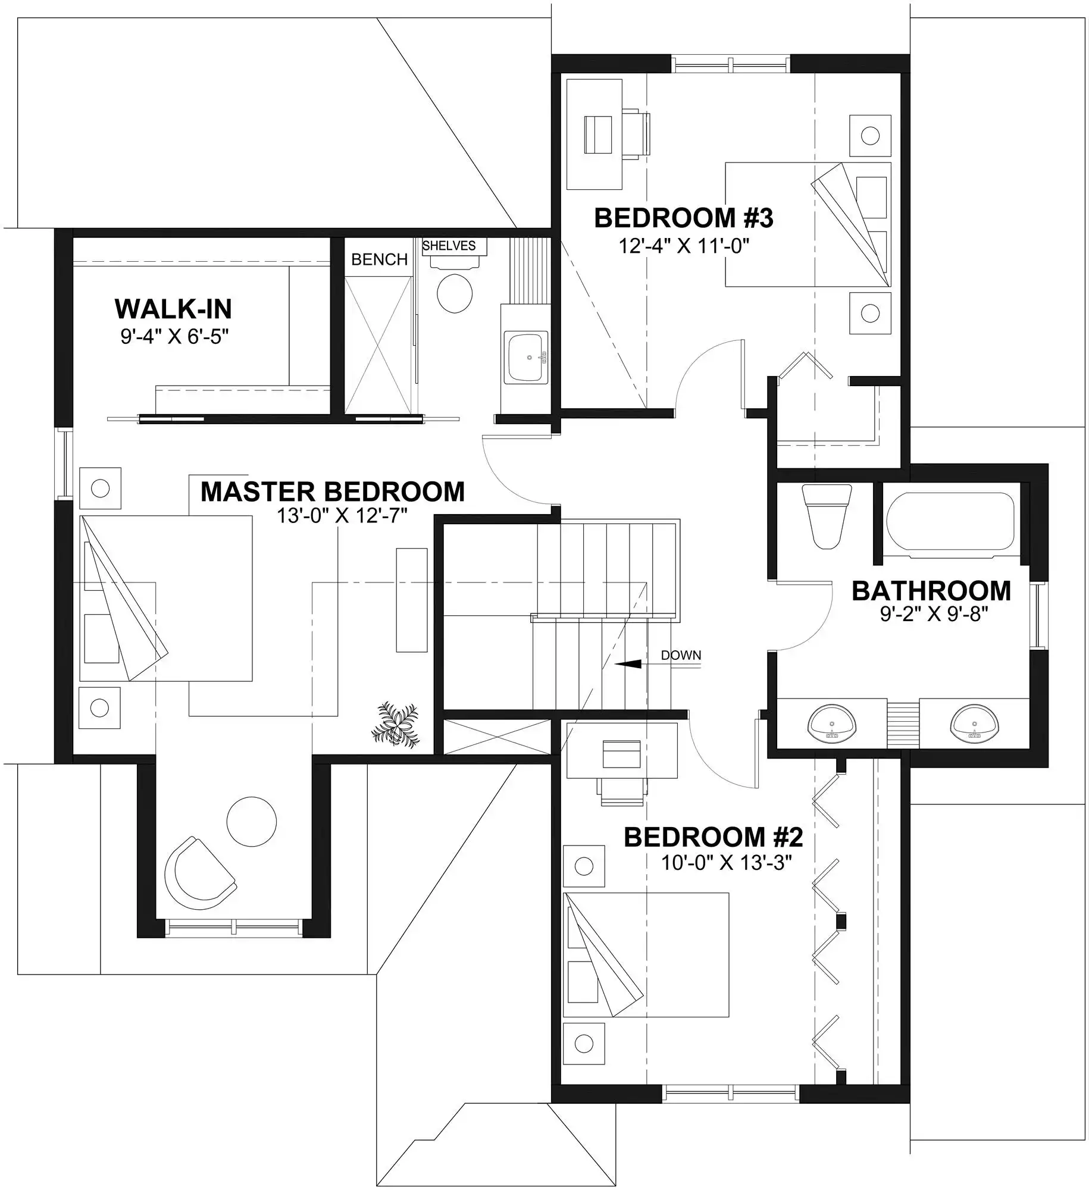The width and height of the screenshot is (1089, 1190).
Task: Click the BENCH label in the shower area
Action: click(x=379, y=259)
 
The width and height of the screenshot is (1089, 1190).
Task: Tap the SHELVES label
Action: click(x=449, y=246)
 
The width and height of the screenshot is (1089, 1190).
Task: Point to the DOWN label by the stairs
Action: click(x=681, y=655)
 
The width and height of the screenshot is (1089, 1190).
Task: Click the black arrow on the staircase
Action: click(x=628, y=664)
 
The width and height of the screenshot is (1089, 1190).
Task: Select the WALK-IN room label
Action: click(x=173, y=309)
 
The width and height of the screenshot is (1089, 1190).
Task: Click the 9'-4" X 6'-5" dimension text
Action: click(x=174, y=337)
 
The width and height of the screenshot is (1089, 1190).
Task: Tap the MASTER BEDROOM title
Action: click(x=333, y=491)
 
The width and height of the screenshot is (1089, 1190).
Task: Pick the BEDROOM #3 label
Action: click(x=684, y=218)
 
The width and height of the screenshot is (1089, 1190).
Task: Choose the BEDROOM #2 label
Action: click(x=714, y=837)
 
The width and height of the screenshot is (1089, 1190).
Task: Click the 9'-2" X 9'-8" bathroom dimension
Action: click(x=934, y=613)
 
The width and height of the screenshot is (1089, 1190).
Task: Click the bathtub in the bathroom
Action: click(x=950, y=521)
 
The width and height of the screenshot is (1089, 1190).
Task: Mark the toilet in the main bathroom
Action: click(x=827, y=515)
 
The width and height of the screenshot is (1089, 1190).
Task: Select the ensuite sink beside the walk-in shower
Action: click(x=526, y=357)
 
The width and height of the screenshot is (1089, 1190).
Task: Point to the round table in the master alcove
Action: click(x=252, y=822)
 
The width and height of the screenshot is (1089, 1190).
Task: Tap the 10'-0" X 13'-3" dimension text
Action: click(x=727, y=863)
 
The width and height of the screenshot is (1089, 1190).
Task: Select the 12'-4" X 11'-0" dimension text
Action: click(x=684, y=245)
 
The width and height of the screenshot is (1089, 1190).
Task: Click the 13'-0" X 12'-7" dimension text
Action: click(x=342, y=515)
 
